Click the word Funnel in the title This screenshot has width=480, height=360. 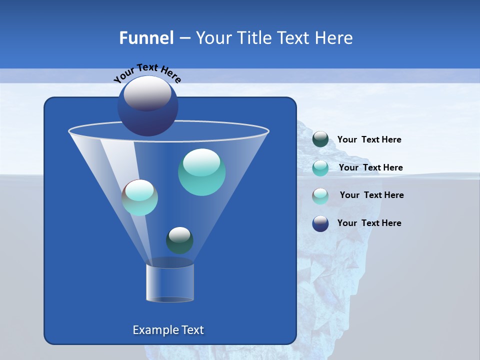pyautogui.click(x=146, y=38)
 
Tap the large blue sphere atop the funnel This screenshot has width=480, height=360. pyautogui.click(x=147, y=106)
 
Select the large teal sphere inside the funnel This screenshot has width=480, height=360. pyautogui.click(x=201, y=172)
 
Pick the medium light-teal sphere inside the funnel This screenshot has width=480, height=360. pyautogui.click(x=140, y=197)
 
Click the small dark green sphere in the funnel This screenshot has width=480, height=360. pyautogui.click(x=179, y=240)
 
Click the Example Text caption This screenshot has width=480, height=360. pyautogui.click(x=168, y=330)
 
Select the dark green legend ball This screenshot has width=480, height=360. pyautogui.click(x=320, y=139)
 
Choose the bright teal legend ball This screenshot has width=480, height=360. pyautogui.click(x=320, y=168)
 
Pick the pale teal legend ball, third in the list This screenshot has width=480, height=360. pyautogui.click(x=320, y=196)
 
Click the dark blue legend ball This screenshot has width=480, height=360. pyautogui.click(x=320, y=223)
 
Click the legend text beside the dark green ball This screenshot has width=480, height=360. pyautogui.click(x=369, y=140)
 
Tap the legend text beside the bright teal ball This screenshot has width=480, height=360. pyautogui.click(x=370, y=168)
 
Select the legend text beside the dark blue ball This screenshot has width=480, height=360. pyautogui.click(x=369, y=223)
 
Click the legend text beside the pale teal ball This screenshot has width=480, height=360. pyautogui.click(x=371, y=195)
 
